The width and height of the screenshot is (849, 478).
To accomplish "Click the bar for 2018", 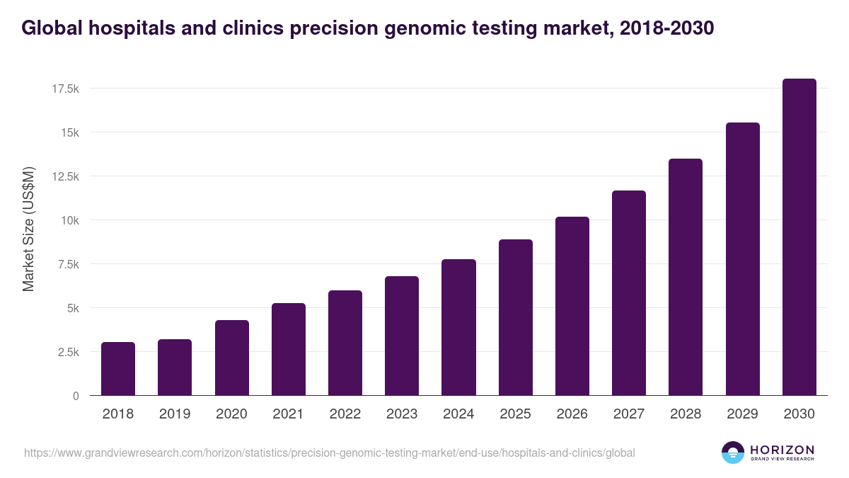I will pyautogui.click(x=118, y=369).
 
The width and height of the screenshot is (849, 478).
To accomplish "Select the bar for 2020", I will pyautogui.click(x=232, y=358).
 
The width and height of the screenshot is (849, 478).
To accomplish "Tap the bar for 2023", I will pyautogui.click(x=402, y=336).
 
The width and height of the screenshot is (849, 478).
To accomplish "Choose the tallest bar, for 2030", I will pyautogui.click(x=799, y=237).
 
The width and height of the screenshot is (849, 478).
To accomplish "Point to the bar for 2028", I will pyautogui.click(x=686, y=277).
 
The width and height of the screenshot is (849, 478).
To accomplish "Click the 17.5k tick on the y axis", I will pyautogui.click(x=65, y=89).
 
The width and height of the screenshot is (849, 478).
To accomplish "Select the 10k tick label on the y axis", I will pyautogui.click(x=69, y=220).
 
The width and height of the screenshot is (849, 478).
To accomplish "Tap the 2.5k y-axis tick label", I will pyautogui.click(x=67, y=352).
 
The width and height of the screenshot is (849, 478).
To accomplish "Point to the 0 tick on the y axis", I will pyautogui.click(x=76, y=396).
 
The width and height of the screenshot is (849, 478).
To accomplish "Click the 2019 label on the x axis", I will pyautogui.click(x=175, y=414).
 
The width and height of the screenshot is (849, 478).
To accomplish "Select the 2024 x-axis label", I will pyautogui.click(x=458, y=414).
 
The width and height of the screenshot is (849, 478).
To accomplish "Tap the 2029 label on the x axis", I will pyautogui.click(x=742, y=414).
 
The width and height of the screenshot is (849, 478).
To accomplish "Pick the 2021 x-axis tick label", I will pyautogui.click(x=288, y=414).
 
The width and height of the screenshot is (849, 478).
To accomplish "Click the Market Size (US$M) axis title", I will pyautogui.click(x=28, y=228).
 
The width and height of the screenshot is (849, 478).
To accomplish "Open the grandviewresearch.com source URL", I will pyautogui.click(x=329, y=453).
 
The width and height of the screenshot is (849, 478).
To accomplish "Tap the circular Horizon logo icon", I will pyautogui.click(x=733, y=453).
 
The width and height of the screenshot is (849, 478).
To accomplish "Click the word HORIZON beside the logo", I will pyautogui.click(x=782, y=449).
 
